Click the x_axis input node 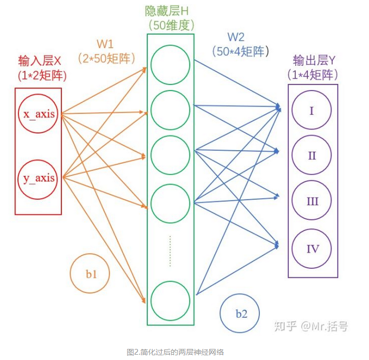[38, 113]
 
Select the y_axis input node [38, 178]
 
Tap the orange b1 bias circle [91, 273]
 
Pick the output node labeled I [312, 111]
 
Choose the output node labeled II [312, 155]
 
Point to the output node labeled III [312, 201]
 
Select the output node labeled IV [312, 248]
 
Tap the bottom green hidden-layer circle [170, 300]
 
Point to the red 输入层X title [40, 61]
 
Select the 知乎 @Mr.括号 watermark [310, 326]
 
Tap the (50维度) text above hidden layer [170, 24]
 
